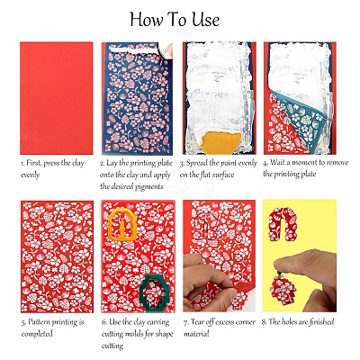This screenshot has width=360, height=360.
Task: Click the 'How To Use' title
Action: (x=175, y=20)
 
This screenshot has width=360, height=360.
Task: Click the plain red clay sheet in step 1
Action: (x=57, y=98)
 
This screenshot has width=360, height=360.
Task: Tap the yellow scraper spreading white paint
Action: (x=221, y=143)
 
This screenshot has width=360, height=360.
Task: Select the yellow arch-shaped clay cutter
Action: (x=122, y=225)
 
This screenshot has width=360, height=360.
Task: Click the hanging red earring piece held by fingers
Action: (x=283, y=287)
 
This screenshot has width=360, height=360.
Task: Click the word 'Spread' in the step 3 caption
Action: (x=197, y=163)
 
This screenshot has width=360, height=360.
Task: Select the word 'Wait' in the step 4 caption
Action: (x=277, y=163)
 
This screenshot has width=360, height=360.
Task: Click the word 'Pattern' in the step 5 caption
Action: (x=39, y=322)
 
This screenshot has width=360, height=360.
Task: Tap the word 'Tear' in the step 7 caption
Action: (x=197, y=322)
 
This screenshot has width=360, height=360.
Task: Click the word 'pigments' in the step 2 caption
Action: (x=149, y=187)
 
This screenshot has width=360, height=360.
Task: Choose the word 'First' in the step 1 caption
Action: (x=34, y=163)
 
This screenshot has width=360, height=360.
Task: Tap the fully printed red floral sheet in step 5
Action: (x=57, y=256)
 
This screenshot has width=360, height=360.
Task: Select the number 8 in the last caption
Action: (x=264, y=322)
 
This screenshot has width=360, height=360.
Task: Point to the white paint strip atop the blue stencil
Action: (x=134, y=49)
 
